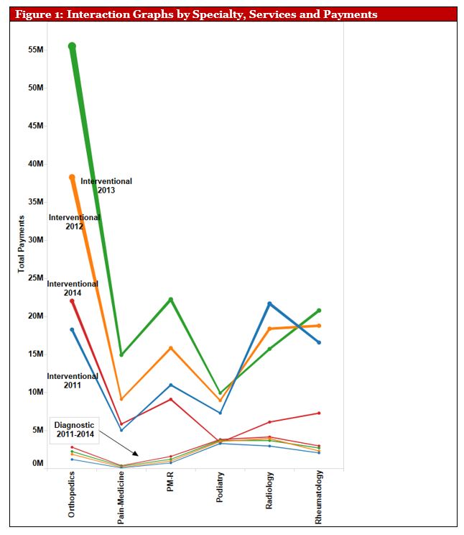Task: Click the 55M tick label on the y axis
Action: tap(35, 50)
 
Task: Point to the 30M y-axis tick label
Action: tap(35, 239)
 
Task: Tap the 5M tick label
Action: tap(37, 430)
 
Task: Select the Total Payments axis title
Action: tap(22, 244)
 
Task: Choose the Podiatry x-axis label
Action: tap(220, 490)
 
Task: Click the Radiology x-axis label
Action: tap(269, 490)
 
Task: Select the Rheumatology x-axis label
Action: tap(318, 498)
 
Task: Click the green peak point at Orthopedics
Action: tap(72, 46)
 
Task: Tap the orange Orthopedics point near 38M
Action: tap(72, 177)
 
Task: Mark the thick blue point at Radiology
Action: tap(270, 304)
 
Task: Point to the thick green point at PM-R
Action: tap(171, 299)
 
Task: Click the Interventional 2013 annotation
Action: tap(106, 186)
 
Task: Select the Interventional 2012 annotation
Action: tap(74, 221)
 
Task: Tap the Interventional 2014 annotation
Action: tap(73, 288)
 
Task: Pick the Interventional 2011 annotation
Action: tap(73, 380)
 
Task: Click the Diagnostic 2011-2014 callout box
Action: tap(74, 430)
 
